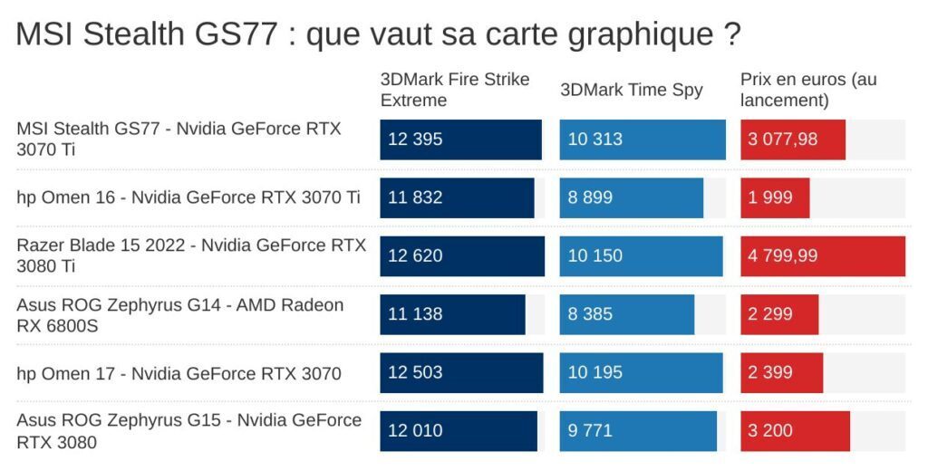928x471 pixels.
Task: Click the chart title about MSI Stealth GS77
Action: click(x=379, y=35)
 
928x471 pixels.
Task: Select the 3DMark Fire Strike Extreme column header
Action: click(x=455, y=90)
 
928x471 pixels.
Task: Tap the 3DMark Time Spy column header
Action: click(x=632, y=90)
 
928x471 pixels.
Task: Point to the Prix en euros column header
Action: click(x=808, y=90)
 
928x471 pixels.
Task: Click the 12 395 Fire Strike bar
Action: click(x=460, y=139)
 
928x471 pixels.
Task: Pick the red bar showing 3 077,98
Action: click(x=793, y=139)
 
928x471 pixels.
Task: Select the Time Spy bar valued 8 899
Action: click(x=632, y=197)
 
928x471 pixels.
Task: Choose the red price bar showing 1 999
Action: click(x=775, y=197)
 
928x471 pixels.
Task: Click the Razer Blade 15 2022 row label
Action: click(x=191, y=255)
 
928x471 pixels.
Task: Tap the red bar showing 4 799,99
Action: click(x=823, y=255)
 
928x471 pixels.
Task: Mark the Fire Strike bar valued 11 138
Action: click(x=452, y=314)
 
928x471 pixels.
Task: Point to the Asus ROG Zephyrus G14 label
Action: click(x=180, y=314)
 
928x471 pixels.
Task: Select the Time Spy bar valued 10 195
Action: click(x=641, y=372)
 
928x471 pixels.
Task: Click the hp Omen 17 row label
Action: click(x=179, y=373)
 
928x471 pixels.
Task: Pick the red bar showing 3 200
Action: click(x=795, y=430)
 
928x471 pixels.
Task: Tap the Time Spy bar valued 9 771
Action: click(x=638, y=430)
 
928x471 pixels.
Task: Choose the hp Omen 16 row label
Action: click(x=188, y=197)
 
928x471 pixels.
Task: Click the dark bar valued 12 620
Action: click(x=462, y=255)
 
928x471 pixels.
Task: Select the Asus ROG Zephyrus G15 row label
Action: click(x=188, y=431)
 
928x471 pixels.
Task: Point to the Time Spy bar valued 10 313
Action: click(x=643, y=139)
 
